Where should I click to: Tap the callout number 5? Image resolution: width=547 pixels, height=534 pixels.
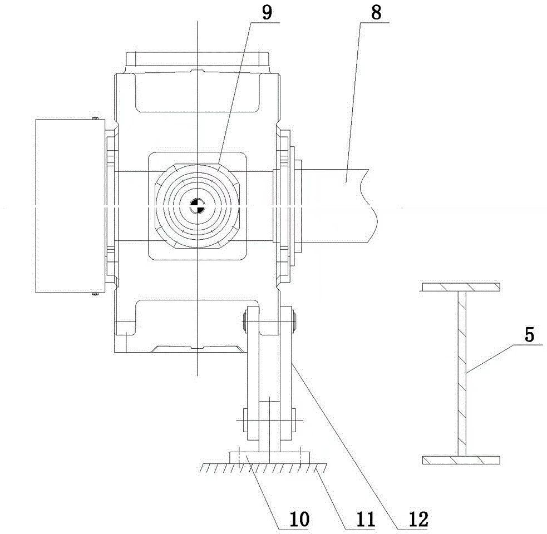click(x=530, y=335)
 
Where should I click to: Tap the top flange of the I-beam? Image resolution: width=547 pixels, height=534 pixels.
click(x=461, y=287)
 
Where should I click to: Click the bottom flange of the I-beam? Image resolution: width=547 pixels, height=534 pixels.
click(x=461, y=460)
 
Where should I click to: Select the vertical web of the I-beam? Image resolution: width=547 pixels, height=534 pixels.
click(x=461, y=373)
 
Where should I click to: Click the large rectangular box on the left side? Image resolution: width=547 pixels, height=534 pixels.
click(x=69, y=206)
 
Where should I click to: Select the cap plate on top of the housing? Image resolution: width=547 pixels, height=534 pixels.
click(x=198, y=59)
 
